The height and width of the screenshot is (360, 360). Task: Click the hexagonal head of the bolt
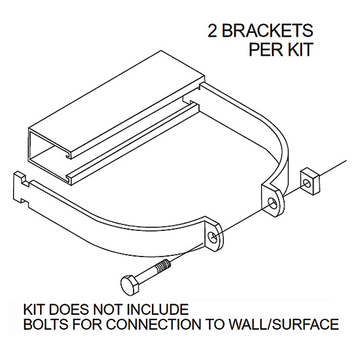pos(130,283)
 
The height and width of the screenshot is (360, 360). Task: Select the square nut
pos(310,181)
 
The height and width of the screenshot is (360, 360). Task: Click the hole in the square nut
pos(308,183)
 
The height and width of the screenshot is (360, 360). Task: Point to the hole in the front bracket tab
pos(214,237)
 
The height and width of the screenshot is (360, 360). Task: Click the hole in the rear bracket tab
pos(272,203)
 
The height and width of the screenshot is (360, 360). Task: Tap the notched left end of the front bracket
pos(21,187)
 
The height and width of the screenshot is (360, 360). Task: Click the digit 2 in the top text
pos(213,31)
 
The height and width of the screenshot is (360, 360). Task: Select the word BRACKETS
pos(267,31)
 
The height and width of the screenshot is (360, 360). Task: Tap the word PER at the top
pos(264,49)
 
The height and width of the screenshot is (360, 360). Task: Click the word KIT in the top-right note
pos(299,49)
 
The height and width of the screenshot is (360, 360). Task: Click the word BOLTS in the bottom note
pos(46,324)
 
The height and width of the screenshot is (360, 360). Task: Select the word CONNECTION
pos(153,324)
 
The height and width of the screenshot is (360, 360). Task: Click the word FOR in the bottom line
pos(86,324)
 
